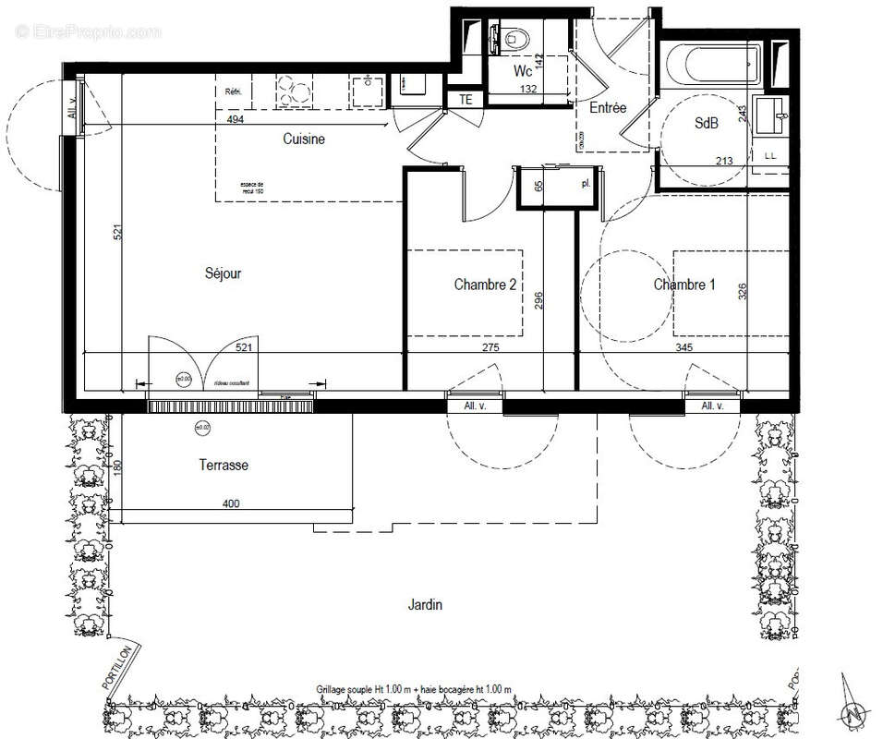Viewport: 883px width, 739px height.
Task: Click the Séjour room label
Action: point(224,273)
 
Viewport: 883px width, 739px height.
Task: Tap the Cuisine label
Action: point(304,139)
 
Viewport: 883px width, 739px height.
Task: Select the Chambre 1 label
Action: point(684,285)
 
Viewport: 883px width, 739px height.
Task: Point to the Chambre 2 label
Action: point(485,285)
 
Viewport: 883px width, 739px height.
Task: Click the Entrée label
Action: point(608,108)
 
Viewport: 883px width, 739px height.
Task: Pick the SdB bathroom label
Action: point(707,125)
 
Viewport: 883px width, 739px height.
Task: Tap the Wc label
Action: point(523,71)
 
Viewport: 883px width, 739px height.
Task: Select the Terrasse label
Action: point(223,466)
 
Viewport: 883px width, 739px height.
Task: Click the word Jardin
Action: point(426,605)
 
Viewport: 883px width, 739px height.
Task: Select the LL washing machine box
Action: point(770,157)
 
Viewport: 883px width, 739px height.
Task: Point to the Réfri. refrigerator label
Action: point(233,91)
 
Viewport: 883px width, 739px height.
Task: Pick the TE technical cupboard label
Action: point(465,99)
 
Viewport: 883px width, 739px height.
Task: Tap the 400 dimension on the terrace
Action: point(231,503)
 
